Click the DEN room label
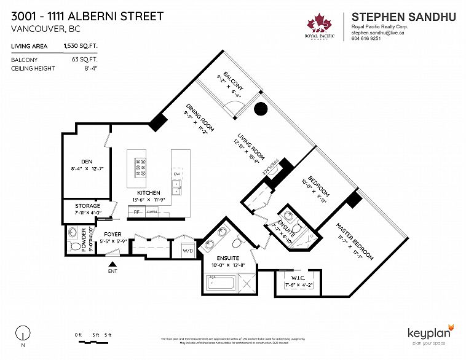pos(86,162)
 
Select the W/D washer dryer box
pos(188,251)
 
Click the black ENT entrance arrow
pos(112,263)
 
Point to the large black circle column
pos(261,109)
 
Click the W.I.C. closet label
pos(299,278)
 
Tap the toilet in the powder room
pos(74,235)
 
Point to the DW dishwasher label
pos(176,174)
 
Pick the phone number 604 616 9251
pos(366,38)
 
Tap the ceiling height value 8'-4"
pos(89,68)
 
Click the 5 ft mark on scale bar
pos(108,334)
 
